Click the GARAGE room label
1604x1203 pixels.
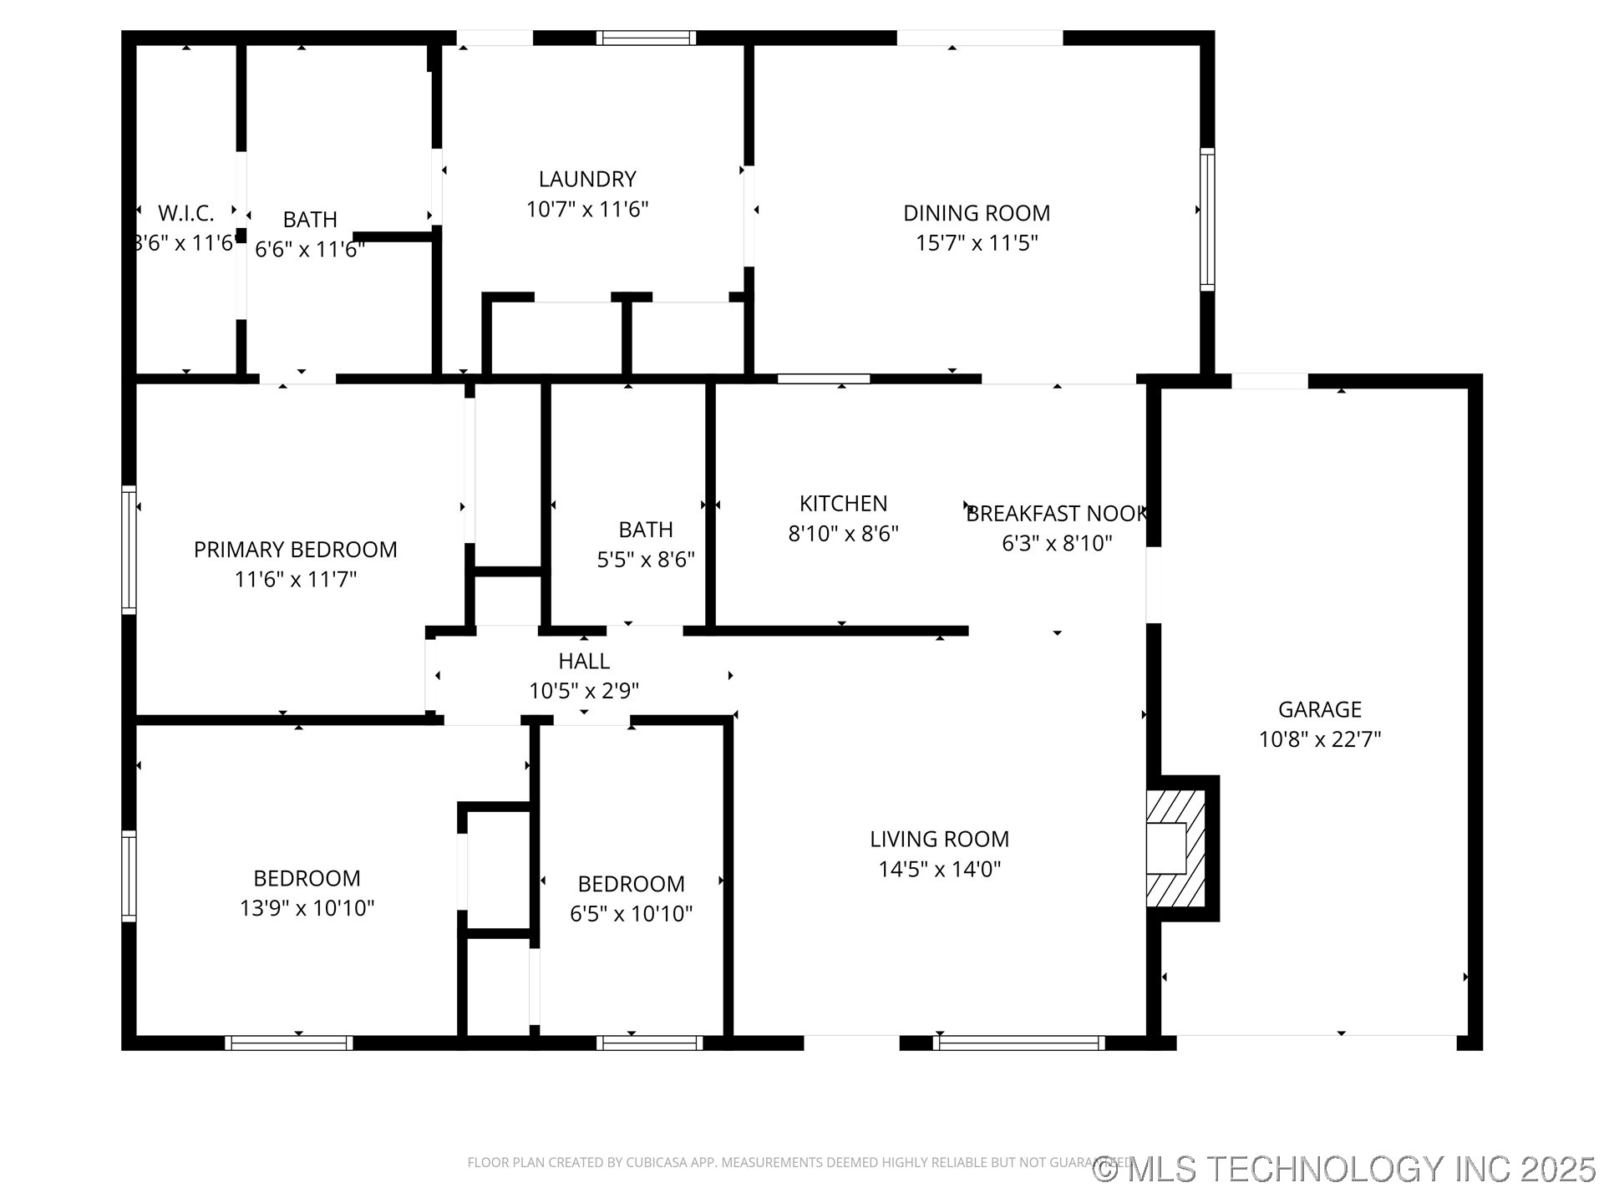click(x=1319, y=709)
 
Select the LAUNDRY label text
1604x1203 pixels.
click(x=587, y=179)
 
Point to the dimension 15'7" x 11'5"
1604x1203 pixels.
click(x=976, y=243)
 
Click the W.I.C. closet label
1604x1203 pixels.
click(x=185, y=213)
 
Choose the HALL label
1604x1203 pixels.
click(x=584, y=661)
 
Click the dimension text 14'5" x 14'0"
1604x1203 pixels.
click(x=939, y=869)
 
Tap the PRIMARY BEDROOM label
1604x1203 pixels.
click(x=295, y=550)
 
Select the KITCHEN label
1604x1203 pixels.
click(x=843, y=504)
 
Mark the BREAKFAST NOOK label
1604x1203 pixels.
click(x=1057, y=514)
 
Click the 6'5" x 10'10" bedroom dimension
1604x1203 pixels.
click(x=631, y=914)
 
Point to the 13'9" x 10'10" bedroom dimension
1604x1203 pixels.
click(x=307, y=908)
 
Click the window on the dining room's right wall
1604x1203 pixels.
click(x=1206, y=220)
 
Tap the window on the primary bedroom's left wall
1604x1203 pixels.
click(x=129, y=550)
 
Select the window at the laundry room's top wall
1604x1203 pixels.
click(x=646, y=38)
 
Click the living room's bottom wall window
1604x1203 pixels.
click(x=1018, y=1043)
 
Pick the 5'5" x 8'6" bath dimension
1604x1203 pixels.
click(x=645, y=560)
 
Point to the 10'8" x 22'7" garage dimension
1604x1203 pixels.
click(x=1319, y=739)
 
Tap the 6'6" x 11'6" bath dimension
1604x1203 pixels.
click(x=309, y=250)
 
